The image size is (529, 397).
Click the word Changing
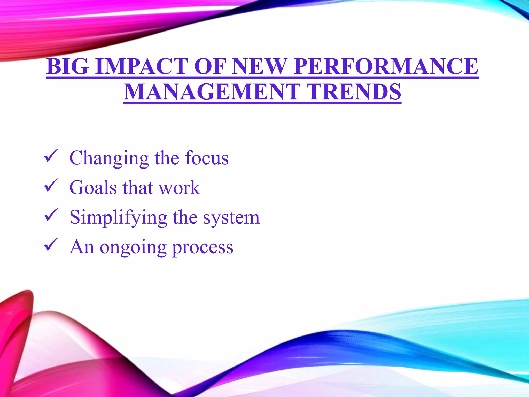109,158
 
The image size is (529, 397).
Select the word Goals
93,187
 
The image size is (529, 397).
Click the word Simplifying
118,218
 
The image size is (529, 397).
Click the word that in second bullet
137,187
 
